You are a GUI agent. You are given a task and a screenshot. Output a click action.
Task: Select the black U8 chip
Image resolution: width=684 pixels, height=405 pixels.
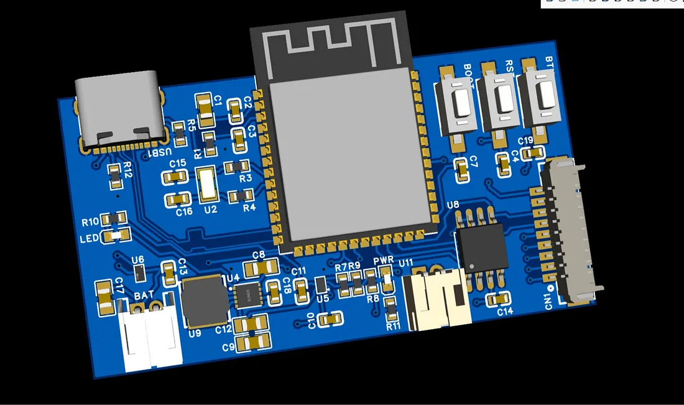[x=482, y=246]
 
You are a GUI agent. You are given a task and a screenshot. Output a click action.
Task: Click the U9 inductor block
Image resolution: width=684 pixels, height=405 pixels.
[x=203, y=302]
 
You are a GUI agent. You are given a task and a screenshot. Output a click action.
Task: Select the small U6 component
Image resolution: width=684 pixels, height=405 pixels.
[x=139, y=272]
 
